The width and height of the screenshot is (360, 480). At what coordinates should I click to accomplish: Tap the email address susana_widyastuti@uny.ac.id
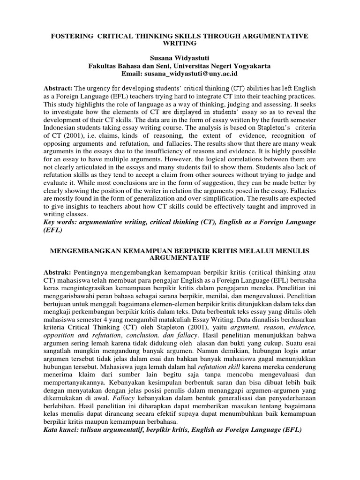point(198,74)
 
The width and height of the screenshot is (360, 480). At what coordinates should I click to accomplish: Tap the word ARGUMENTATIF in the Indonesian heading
point(180,258)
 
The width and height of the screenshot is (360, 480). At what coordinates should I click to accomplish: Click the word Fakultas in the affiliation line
point(102,66)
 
